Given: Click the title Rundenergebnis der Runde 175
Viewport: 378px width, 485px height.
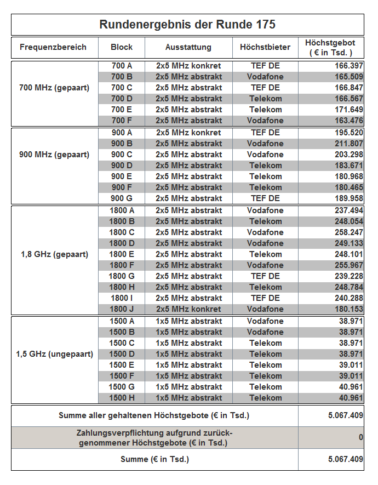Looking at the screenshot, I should pyautogui.click(x=187, y=25).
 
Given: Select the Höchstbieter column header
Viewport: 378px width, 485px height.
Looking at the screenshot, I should pyautogui.click(x=265, y=47).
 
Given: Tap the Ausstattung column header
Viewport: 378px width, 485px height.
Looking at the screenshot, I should pyautogui.click(x=188, y=47).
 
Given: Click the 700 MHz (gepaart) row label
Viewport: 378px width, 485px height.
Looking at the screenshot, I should pyautogui.click(x=54, y=88).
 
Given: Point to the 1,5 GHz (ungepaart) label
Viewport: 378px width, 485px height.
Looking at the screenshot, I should pyautogui.click(x=54, y=354).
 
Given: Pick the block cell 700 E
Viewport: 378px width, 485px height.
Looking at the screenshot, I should pyautogui.click(x=122, y=110).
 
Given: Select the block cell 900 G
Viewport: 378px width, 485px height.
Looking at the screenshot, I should pyautogui.click(x=122, y=198).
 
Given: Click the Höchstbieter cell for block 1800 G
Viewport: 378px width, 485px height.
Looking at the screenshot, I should pyautogui.click(x=265, y=276).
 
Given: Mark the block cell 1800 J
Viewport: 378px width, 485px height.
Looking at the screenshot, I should pyautogui.click(x=122, y=309).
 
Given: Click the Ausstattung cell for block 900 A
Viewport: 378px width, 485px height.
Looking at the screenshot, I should pyautogui.click(x=188, y=133).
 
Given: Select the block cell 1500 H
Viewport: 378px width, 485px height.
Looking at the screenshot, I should pyautogui.click(x=122, y=398).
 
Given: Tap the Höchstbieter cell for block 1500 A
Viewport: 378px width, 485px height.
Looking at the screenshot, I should pyautogui.click(x=265, y=321).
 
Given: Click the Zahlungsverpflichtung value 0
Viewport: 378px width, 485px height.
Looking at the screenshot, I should pyautogui.click(x=360, y=437).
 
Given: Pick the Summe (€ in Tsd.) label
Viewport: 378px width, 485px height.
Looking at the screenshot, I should pyautogui.click(x=154, y=459).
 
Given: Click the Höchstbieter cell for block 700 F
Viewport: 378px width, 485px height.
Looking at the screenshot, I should pyautogui.click(x=265, y=121).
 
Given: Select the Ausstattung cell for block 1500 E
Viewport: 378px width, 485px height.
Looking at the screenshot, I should pyautogui.click(x=188, y=365).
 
